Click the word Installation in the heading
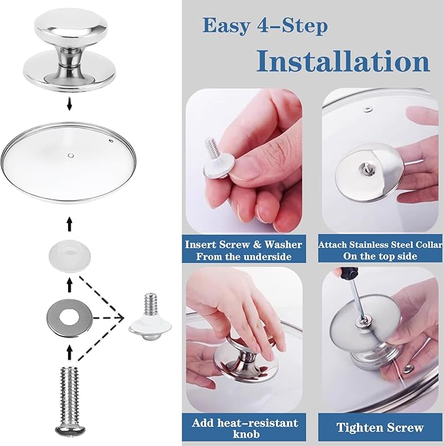tap(343, 61)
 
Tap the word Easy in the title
tap(226, 26)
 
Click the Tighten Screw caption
tap(380, 428)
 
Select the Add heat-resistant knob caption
tap(245, 428)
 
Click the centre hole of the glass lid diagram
tap(71, 155)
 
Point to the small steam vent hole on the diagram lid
tap(111, 141)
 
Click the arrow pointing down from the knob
tap(69, 103)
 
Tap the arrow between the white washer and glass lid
tap(69, 224)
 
